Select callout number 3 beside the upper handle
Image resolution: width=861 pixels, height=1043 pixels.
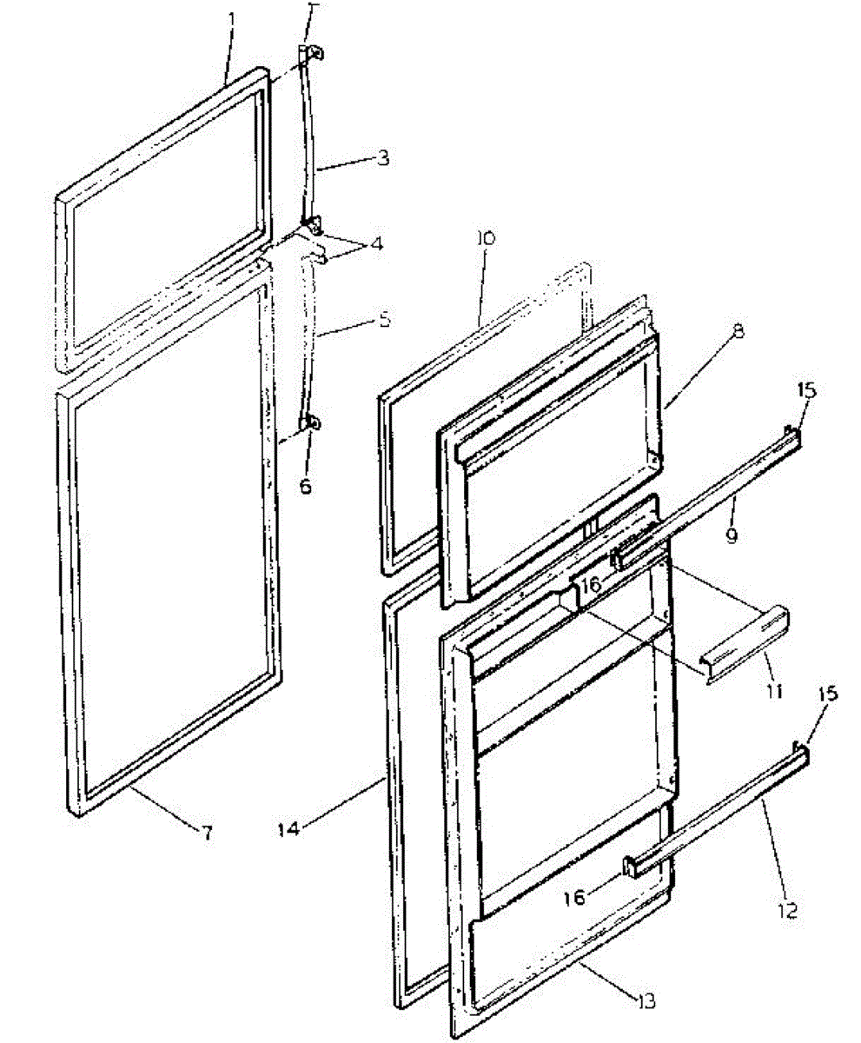point(383,158)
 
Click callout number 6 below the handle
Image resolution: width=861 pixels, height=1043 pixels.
point(305,486)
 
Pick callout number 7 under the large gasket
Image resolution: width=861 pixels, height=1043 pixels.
point(206,833)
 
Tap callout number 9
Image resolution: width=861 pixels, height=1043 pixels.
point(732,535)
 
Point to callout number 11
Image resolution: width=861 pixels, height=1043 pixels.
point(773,691)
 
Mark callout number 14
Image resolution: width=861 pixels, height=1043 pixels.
point(289,828)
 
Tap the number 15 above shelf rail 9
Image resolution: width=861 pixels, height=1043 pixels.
point(807,390)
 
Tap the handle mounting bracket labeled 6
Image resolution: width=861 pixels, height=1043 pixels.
point(311,424)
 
